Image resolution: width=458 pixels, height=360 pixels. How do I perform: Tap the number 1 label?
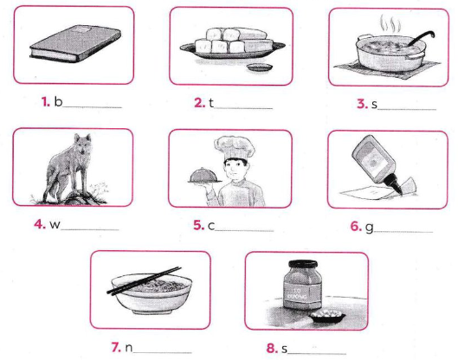click(x=44, y=102)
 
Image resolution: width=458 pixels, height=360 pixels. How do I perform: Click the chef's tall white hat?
click(x=226, y=145)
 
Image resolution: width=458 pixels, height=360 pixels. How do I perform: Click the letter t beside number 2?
click(x=210, y=103)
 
